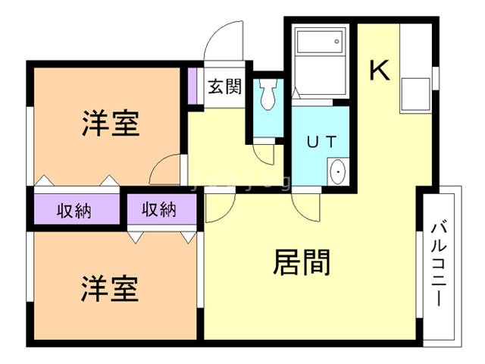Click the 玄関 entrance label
point(225,86)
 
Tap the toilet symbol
point(267,95)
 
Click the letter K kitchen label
point(379,71)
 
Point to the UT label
point(321,141)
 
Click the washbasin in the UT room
point(337,173)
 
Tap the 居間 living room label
point(301,263)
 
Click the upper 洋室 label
point(111,124)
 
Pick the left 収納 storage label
point(74,210)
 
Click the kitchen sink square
point(414,94)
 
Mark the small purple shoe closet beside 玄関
point(193,86)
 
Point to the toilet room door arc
point(265,154)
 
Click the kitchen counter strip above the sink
point(415,49)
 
